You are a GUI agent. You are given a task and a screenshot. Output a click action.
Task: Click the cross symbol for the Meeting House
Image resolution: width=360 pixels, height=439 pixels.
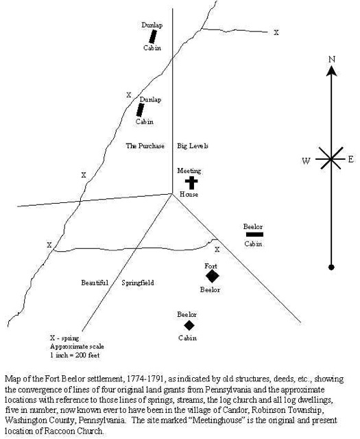pos(191,182)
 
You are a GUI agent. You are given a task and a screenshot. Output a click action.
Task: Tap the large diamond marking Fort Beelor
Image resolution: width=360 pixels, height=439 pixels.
pos(212,276)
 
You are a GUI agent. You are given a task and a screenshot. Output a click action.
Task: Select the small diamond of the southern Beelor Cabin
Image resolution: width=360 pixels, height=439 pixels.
pos(189,325)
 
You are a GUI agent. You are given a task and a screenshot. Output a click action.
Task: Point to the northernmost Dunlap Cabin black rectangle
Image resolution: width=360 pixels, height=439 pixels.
pos(153,36)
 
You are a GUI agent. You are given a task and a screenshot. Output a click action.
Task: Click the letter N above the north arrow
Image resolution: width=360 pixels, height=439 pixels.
pos(332,60)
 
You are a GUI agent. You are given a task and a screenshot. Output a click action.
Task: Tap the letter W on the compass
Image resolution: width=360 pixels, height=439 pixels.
pos(306,161)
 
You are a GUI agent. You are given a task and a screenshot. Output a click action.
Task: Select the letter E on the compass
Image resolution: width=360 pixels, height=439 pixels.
pos(351,160)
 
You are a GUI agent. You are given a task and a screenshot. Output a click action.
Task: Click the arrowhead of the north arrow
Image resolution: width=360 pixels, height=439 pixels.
pos(331,71)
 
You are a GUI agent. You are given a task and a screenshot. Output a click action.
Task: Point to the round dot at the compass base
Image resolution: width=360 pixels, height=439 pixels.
pos(331,267)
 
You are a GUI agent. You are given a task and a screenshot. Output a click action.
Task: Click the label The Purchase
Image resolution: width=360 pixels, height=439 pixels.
pos(145,146)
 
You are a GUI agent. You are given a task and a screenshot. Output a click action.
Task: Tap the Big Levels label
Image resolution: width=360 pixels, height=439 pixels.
pos(193,146)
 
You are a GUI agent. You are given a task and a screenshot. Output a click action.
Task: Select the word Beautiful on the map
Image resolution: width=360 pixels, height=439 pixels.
pos(95,283)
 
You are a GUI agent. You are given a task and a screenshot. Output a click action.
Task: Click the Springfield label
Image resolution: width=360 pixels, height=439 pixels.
pos(138,283)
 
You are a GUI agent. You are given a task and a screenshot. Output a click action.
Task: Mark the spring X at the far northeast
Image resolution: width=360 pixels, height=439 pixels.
pos(276,32)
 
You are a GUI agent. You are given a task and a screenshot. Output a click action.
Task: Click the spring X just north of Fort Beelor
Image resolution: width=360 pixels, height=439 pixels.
pos(217,249)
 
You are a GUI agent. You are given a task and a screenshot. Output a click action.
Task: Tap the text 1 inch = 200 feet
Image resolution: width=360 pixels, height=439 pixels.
pos(75,355)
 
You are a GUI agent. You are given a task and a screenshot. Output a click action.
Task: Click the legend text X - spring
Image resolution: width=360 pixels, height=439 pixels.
pos(64,338)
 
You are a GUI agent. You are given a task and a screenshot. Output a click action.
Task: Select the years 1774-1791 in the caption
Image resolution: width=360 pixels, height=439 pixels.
pos(145,379)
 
